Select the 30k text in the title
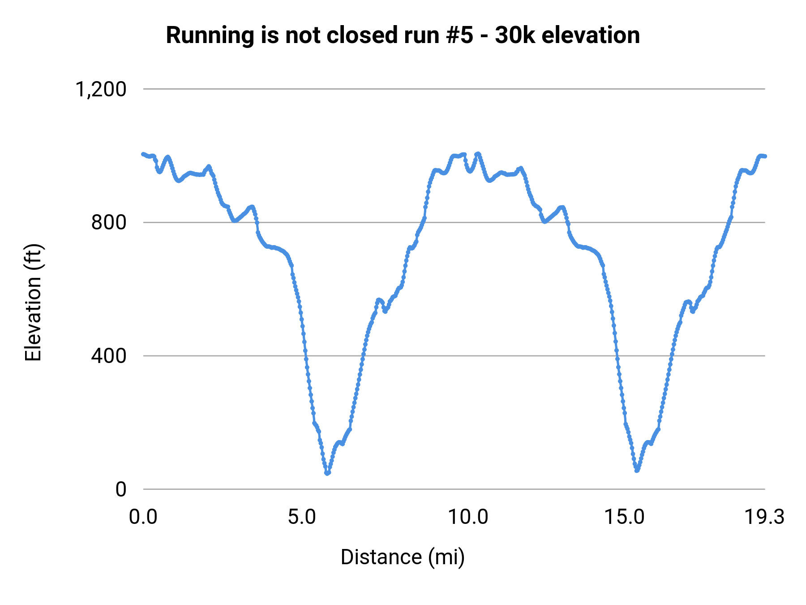click(x=515, y=36)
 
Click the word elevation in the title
click(x=591, y=36)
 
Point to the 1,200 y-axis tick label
click(x=101, y=89)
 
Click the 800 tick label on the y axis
click(x=109, y=222)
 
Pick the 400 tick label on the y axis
click(x=109, y=356)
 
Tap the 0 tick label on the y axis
click(x=121, y=489)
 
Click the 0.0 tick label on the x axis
click(x=143, y=517)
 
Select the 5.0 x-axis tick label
click(x=302, y=517)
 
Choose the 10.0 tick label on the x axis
click(x=468, y=517)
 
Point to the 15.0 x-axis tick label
click(x=625, y=517)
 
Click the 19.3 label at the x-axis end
click(x=764, y=517)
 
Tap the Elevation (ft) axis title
click(x=33, y=302)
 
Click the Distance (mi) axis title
click(x=403, y=557)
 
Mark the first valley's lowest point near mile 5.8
click(x=327, y=473)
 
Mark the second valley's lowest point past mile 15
click(x=637, y=470)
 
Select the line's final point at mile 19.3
click(x=765, y=156)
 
